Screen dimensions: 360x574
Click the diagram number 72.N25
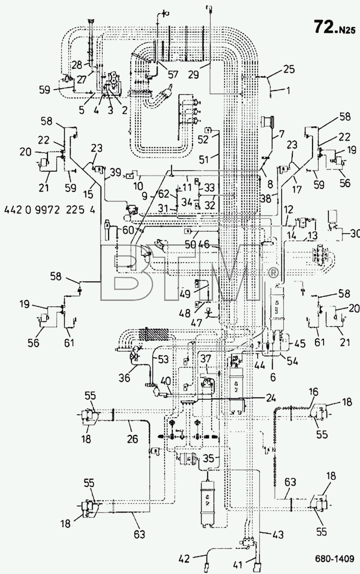point(334,27)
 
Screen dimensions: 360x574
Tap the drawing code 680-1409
point(335,559)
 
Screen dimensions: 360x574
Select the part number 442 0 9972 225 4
point(49,210)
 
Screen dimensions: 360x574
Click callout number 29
point(193,75)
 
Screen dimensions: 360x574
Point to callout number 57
point(172,74)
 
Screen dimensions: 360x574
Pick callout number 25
point(288,69)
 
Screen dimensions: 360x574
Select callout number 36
point(125,377)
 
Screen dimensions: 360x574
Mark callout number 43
point(277,534)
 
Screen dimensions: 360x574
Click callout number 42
point(185,559)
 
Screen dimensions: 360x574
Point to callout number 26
point(132,438)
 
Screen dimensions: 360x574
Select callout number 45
point(300,344)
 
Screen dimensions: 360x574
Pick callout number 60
point(128,230)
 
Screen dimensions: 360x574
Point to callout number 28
point(77,65)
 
